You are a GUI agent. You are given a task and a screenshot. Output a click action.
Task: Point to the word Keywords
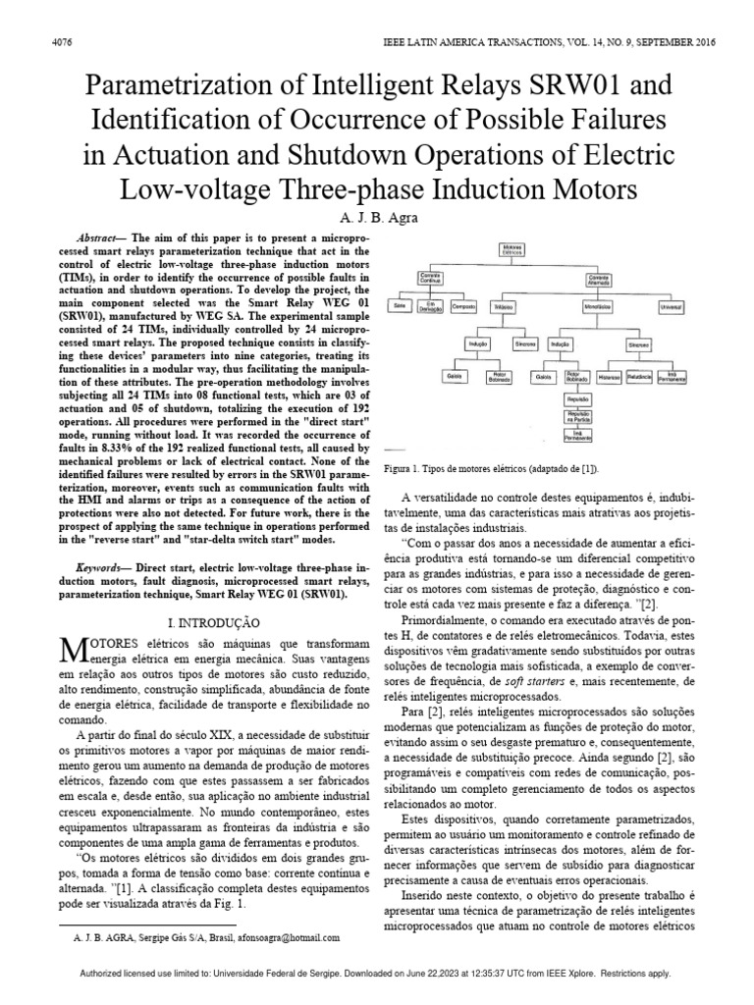[101, 568]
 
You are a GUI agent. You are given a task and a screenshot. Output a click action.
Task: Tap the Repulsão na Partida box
[576, 419]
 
